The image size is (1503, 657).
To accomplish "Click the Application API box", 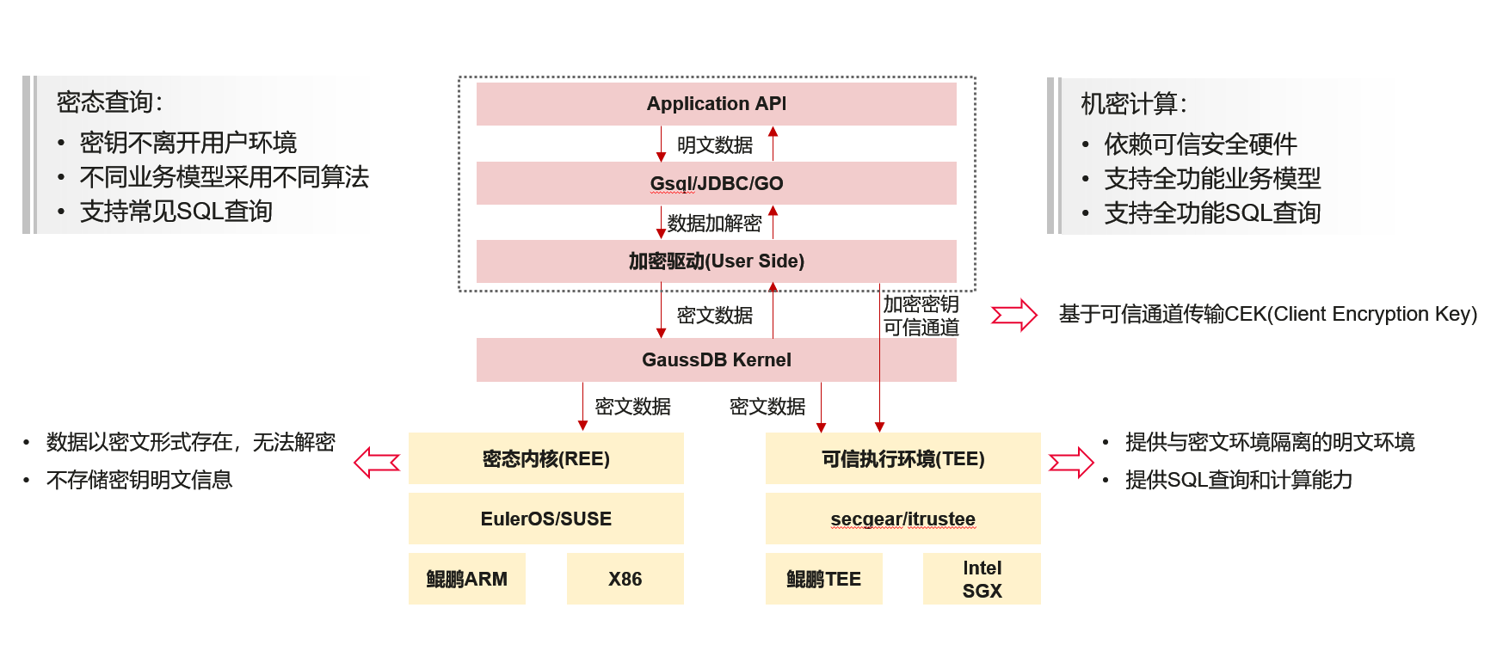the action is (716, 104).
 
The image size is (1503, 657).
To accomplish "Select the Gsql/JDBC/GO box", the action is (716, 183).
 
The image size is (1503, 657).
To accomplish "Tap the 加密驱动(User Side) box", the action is (716, 261).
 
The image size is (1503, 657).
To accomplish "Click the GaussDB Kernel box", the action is (716, 359).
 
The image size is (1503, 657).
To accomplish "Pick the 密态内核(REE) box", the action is (546, 458).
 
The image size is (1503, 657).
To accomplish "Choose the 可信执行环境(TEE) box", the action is (903, 458).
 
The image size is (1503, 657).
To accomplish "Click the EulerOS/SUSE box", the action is (546, 519).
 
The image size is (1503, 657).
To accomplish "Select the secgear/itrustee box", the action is (903, 519).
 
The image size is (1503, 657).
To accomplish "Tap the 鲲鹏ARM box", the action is (467, 579).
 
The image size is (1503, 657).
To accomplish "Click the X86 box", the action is (625, 579).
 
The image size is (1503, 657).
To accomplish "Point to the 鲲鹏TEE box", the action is (824, 579).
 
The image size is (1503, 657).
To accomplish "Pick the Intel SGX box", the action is (982, 579).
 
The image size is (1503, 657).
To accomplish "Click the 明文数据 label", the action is (715, 145).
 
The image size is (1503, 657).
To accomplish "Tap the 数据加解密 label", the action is (715, 224).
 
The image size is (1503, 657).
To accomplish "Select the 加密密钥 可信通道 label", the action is (921, 316).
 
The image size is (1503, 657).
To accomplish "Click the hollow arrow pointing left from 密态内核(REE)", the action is (377, 462).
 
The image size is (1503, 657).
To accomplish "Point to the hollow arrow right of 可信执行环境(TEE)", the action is (1071, 462).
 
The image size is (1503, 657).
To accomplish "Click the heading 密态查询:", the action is (109, 102).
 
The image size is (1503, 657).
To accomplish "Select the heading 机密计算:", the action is (1134, 104).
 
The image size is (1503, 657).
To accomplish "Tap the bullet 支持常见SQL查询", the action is (176, 212).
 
